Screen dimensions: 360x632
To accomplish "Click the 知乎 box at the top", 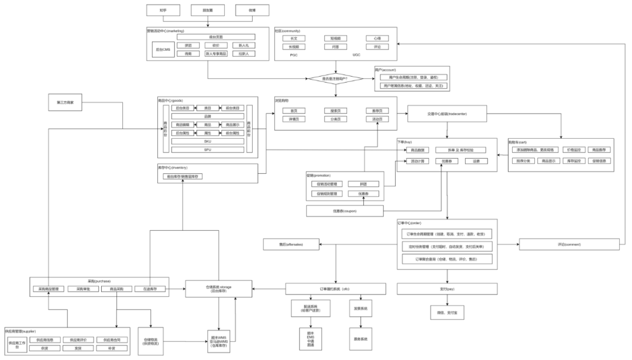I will pyautogui.click(x=163, y=11).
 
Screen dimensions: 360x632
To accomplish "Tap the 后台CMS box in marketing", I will pyautogui.click(x=162, y=50).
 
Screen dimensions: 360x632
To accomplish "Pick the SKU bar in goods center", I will pyautogui.click(x=207, y=142).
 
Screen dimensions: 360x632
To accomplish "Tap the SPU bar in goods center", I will pyautogui.click(x=207, y=150).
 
